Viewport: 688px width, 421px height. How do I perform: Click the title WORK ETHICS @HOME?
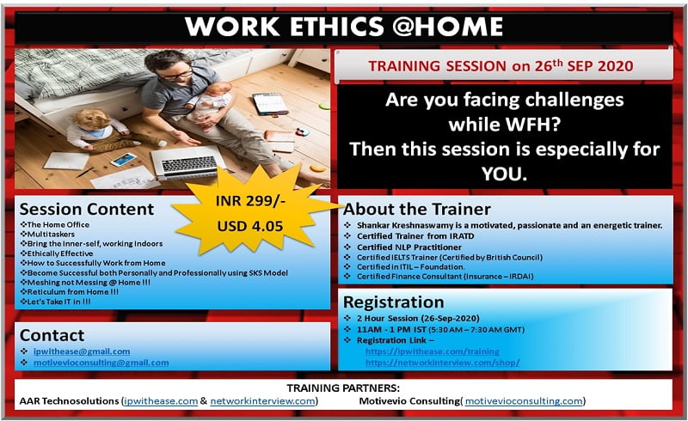click(343, 27)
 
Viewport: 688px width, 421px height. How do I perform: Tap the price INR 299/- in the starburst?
click(250, 201)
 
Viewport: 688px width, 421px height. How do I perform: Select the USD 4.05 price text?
click(250, 226)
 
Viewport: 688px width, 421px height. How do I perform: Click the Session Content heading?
click(87, 209)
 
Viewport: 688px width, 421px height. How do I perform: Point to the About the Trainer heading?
click(417, 209)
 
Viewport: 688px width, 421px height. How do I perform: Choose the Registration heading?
click(394, 302)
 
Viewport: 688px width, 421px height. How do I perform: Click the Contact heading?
click(52, 335)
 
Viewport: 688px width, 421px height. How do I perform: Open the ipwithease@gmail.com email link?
click(82, 351)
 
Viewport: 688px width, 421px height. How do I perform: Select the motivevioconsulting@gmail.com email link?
click(101, 363)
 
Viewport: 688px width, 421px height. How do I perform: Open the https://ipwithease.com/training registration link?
click(433, 351)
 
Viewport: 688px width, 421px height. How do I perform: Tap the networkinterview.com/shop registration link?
click(442, 363)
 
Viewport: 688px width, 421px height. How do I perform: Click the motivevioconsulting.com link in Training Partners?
click(524, 401)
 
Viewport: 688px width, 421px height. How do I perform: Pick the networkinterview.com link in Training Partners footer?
click(262, 401)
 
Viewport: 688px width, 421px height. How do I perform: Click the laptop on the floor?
click(187, 162)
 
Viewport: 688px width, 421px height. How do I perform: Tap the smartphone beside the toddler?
click(123, 159)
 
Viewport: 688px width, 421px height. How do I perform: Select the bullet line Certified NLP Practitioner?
click(409, 247)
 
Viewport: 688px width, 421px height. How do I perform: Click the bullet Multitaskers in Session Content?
click(51, 235)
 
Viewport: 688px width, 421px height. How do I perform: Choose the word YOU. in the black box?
click(504, 174)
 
